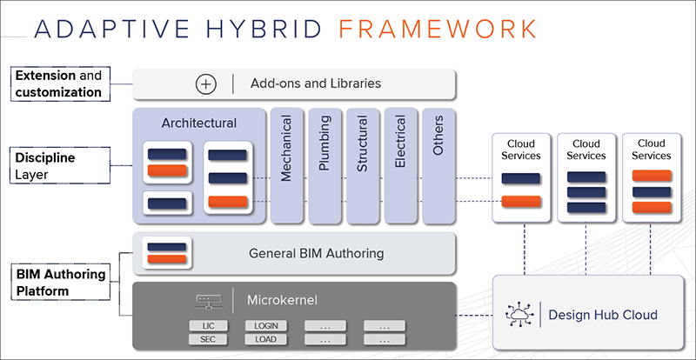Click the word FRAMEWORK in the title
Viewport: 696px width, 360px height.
pos(438,29)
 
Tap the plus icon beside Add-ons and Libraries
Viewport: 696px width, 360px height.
pos(206,83)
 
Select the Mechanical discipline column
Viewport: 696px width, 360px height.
pos(287,165)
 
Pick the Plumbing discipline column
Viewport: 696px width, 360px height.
pos(325,165)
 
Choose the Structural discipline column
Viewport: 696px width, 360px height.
pos(363,165)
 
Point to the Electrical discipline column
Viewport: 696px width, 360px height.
pos(401,165)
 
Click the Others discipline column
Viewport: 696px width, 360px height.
pos(439,165)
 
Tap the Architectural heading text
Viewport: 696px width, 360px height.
pos(199,123)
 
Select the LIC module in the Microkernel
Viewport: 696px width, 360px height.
pos(208,326)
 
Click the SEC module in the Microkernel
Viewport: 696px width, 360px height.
pos(208,340)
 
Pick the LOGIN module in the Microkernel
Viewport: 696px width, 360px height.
pos(266,326)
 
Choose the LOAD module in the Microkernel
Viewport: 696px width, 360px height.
pos(266,340)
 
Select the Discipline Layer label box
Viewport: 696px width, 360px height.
pos(60,165)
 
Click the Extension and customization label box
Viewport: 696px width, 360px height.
pos(60,83)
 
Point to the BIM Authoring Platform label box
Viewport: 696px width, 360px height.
pos(60,283)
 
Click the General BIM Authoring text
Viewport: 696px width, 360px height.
pos(316,253)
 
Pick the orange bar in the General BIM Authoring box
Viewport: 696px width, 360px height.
pos(166,259)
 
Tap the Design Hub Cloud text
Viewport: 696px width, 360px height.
pos(603,315)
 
